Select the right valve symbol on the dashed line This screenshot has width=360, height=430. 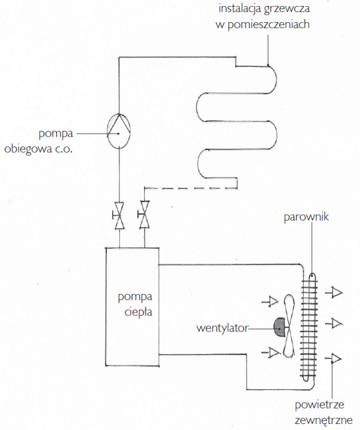pyautogui.click(x=144, y=216)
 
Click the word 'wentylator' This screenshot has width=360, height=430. pyautogui.click(x=223, y=328)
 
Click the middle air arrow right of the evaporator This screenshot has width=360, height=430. pyautogui.click(x=334, y=323)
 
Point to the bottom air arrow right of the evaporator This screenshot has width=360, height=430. pyautogui.click(x=334, y=359)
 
